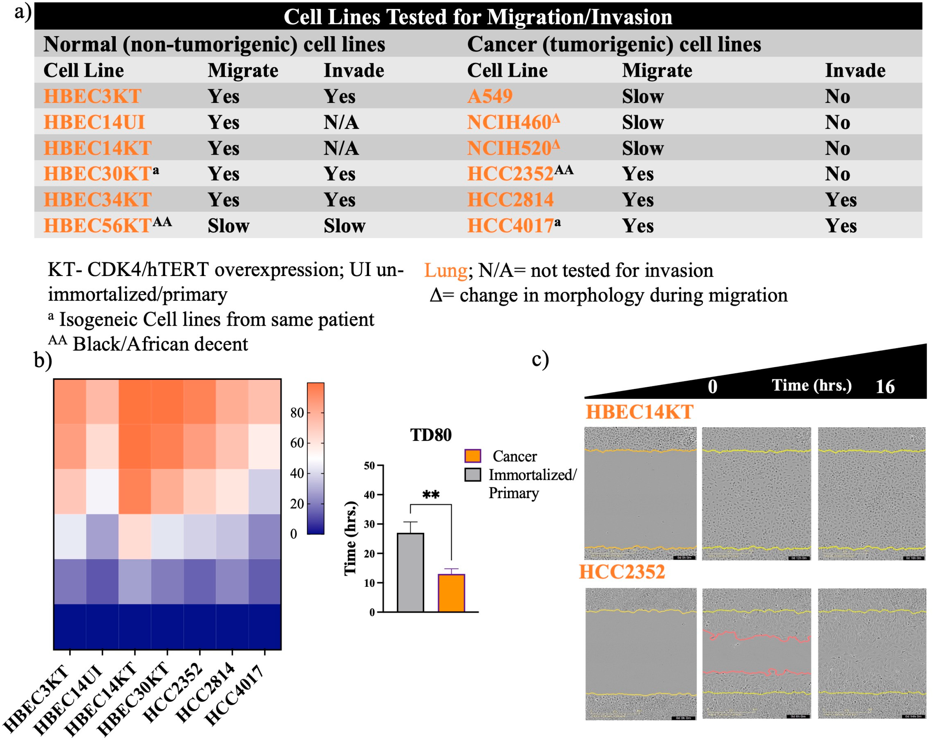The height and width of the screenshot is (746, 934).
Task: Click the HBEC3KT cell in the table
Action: coord(92,96)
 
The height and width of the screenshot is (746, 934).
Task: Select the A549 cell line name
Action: coord(490,96)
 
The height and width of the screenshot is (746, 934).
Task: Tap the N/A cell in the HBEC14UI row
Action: coord(341,122)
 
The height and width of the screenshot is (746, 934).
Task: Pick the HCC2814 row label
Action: coord(510,200)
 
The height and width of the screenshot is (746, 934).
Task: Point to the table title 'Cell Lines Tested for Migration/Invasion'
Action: coord(477,17)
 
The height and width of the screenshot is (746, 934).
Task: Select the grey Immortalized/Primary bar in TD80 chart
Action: coord(410,572)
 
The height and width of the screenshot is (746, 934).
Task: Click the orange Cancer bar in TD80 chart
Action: coord(451,593)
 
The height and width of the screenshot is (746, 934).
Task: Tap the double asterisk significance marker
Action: coord(431,495)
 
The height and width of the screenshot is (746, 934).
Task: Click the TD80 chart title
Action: coord(431,435)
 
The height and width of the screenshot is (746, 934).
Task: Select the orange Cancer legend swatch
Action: coord(472,456)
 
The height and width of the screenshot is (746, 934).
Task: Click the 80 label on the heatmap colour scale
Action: coord(297,413)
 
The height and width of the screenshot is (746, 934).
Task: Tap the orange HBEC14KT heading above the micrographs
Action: coord(639,412)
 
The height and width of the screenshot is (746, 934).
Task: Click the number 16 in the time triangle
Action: coord(885,386)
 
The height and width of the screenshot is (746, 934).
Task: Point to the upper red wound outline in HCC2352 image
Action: coord(756,636)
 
